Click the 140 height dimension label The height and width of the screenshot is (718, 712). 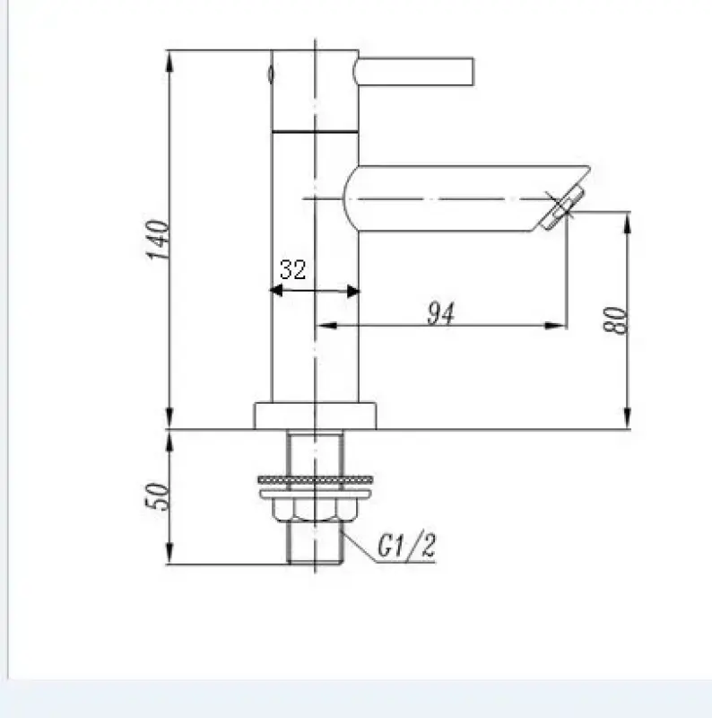coord(157,239)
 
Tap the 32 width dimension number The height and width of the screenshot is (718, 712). coord(292,269)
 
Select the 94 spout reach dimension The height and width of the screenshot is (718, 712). coord(439,314)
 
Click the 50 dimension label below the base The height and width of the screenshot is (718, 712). coord(157,496)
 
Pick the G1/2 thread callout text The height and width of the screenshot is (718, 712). coord(405,547)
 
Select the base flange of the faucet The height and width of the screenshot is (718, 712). coord(316,415)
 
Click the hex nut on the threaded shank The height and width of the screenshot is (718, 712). coord(316,512)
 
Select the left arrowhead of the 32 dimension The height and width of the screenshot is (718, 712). coord(276,290)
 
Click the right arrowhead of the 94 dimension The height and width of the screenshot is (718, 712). coord(560,324)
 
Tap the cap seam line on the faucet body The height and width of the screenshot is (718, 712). coord(316,131)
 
